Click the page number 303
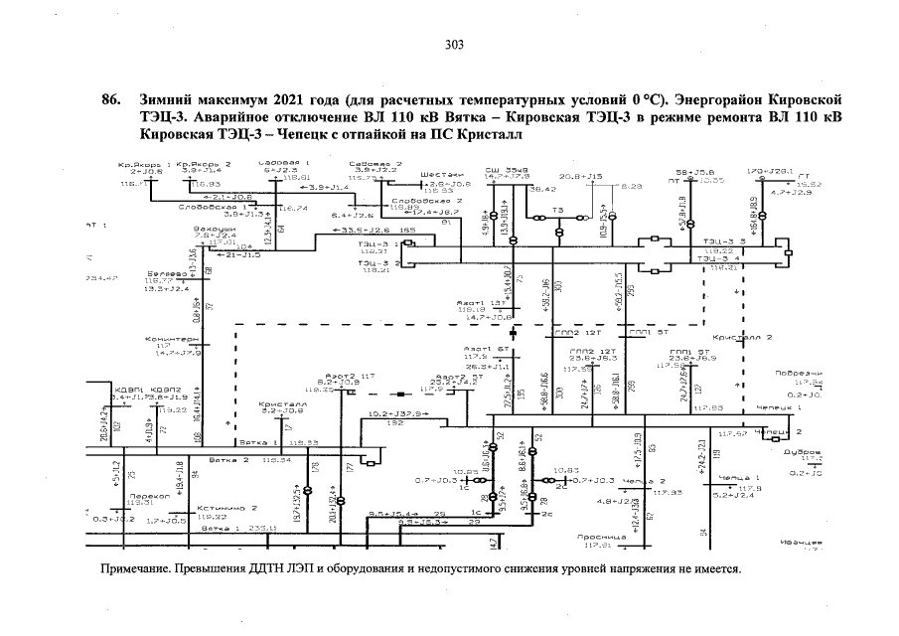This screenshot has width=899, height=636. click(x=454, y=44)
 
